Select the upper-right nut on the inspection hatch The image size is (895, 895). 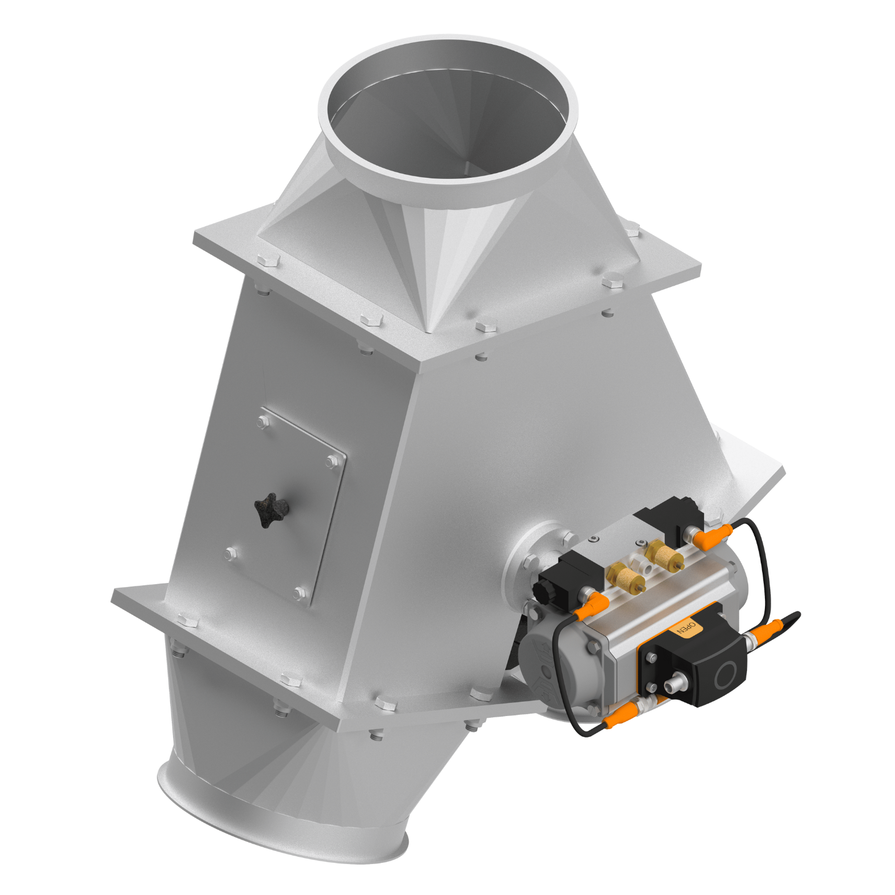[x=332, y=461]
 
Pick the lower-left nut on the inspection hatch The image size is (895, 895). [x=230, y=554]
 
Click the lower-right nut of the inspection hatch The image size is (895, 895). [x=300, y=594]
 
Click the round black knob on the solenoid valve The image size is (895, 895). [x=541, y=591]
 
